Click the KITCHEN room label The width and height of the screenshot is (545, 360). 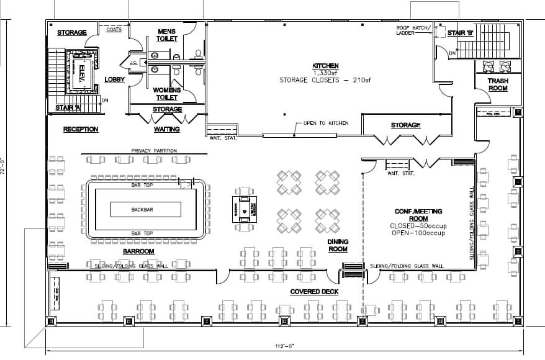coord(325,65)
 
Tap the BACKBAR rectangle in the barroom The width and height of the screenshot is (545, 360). coord(142,210)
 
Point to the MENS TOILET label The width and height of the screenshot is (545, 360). coord(166,35)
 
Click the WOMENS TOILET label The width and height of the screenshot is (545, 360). coord(166,94)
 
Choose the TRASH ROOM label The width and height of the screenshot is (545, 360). coord(497,84)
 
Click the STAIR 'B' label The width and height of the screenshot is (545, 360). coord(461,33)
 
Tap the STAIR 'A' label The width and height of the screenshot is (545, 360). coord(68,107)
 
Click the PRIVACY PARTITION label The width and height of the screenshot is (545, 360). coord(154,151)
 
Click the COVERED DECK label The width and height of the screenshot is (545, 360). coord(314,292)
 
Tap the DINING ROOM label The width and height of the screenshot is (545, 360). coord(338,245)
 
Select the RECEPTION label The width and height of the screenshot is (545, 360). coord(81,129)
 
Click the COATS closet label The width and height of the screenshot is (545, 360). coord(114,29)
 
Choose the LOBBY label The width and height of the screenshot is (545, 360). coord(115,79)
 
